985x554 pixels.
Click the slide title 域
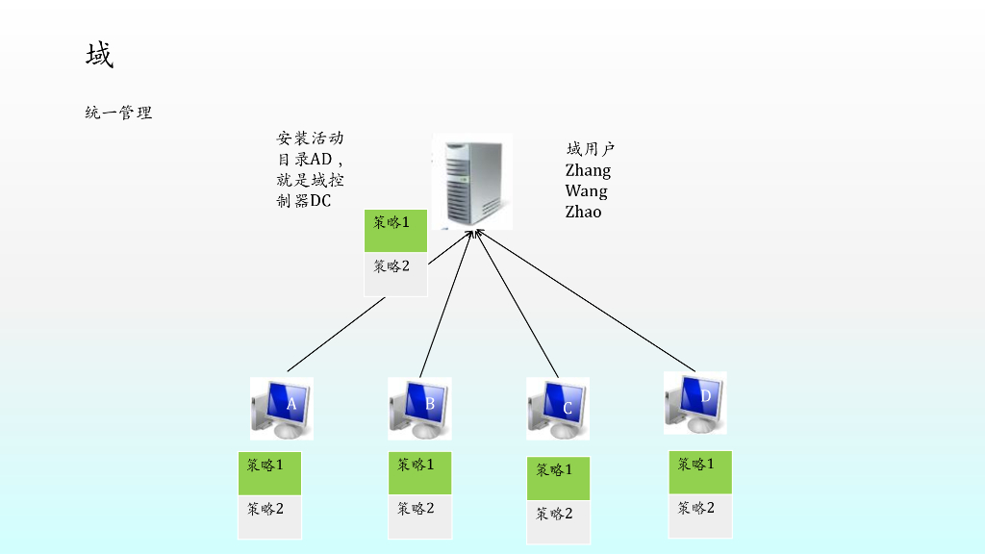(99, 56)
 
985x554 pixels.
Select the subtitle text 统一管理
(118, 113)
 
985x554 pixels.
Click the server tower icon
(471, 182)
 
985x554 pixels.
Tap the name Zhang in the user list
(588, 170)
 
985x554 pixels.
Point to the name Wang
(586, 191)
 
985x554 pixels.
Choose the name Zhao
(583, 212)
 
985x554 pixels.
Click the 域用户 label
(590, 149)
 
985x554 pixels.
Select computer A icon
(281, 407)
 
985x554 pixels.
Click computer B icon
(419, 407)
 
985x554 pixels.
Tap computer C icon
(557, 408)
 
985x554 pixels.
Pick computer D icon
(695, 401)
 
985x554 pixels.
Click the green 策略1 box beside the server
(395, 231)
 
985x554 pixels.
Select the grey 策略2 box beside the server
(395, 274)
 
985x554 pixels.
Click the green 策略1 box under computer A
(269, 473)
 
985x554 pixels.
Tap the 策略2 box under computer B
(420, 517)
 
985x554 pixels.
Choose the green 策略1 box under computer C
(558, 478)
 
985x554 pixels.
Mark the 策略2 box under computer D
(700, 516)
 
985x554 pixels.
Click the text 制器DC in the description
(303, 201)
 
